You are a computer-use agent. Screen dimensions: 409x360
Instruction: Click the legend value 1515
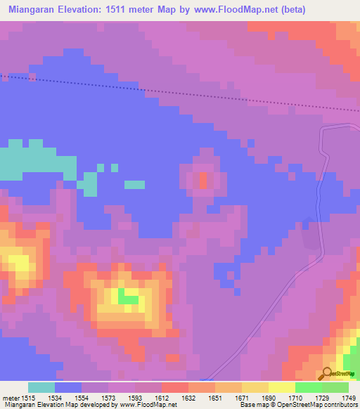(28, 398)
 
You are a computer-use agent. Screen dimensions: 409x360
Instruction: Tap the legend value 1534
(55, 398)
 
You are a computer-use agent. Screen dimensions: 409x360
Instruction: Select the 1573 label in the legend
(109, 398)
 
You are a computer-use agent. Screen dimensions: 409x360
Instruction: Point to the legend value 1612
(162, 398)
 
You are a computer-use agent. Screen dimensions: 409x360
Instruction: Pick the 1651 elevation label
(216, 398)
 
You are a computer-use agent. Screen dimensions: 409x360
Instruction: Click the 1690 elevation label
(269, 398)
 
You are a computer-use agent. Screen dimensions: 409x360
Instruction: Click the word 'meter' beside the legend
(11, 398)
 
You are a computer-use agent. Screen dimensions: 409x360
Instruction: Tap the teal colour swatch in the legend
(41, 387)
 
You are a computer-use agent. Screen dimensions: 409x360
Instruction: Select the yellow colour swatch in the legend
(281, 387)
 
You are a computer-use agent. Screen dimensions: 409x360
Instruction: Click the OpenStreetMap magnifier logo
(327, 374)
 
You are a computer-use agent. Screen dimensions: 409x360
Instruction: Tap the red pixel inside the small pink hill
(203, 181)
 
